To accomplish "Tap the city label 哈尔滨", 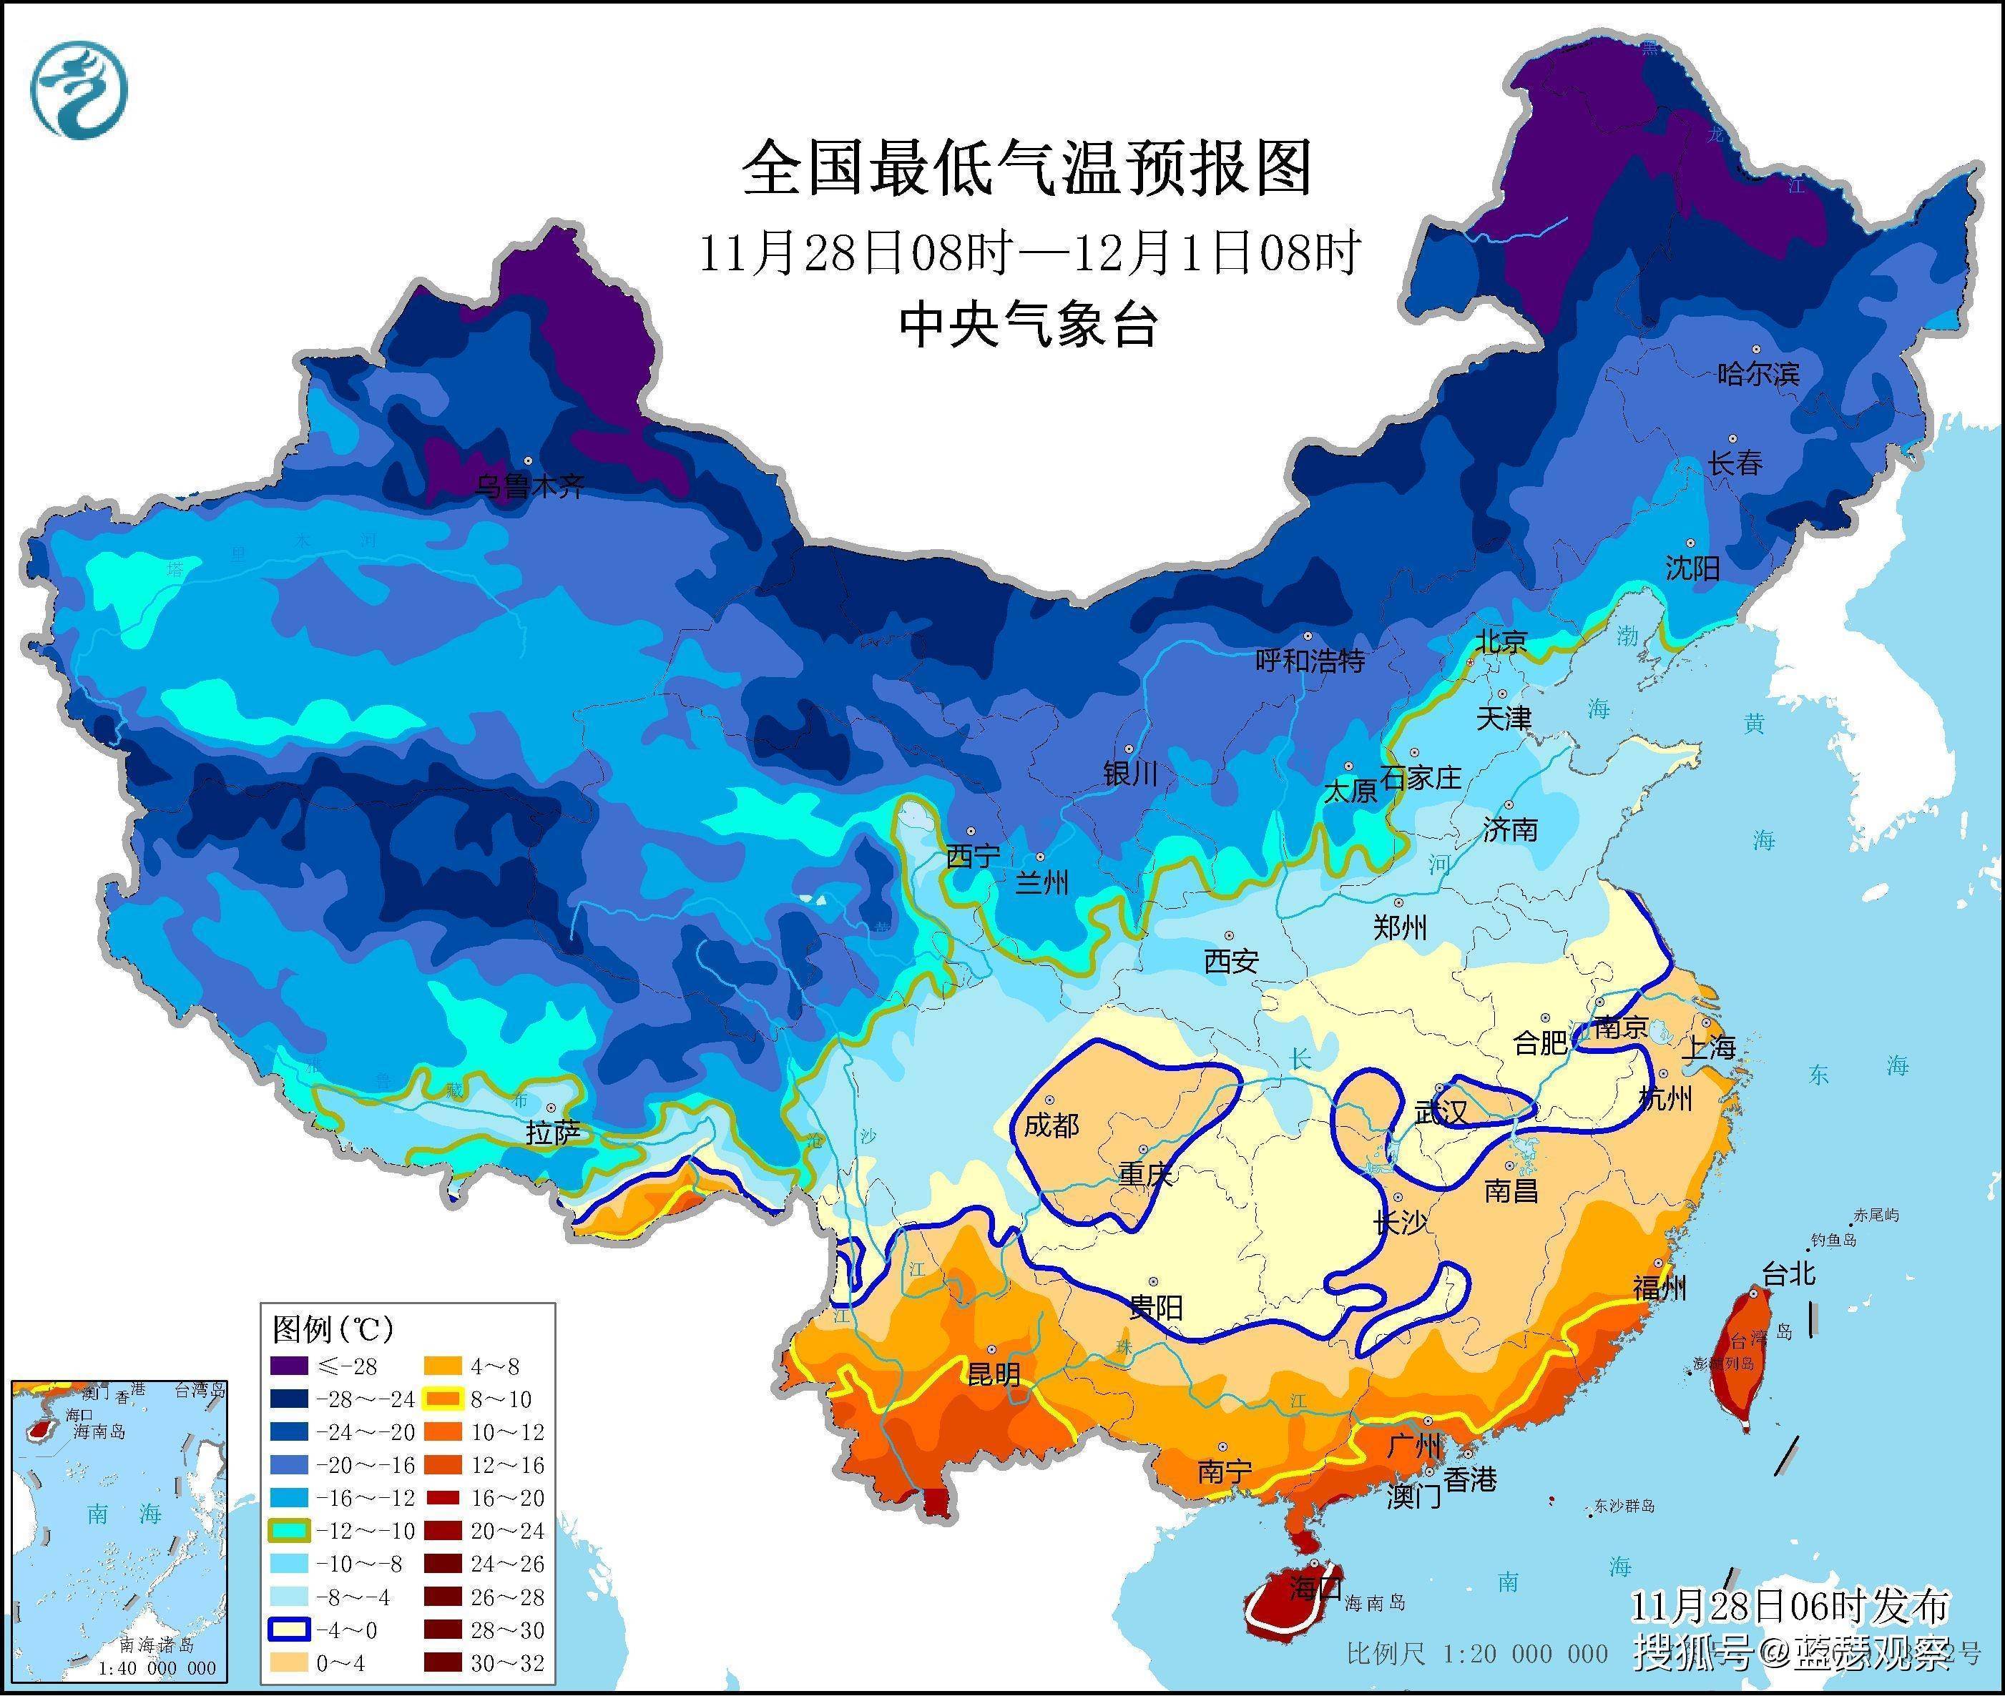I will [x=1758, y=373].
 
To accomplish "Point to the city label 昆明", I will [x=994, y=1374].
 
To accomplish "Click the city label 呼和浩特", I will [x=1310, y=661].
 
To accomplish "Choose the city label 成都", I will [x=1051, y=1124].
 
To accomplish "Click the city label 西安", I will [x=1231, y=960].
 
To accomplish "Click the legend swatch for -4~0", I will [x=288, y=1630].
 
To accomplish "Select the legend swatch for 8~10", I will [x=443, y=1399].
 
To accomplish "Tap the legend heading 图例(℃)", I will [x=333, y=1330].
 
